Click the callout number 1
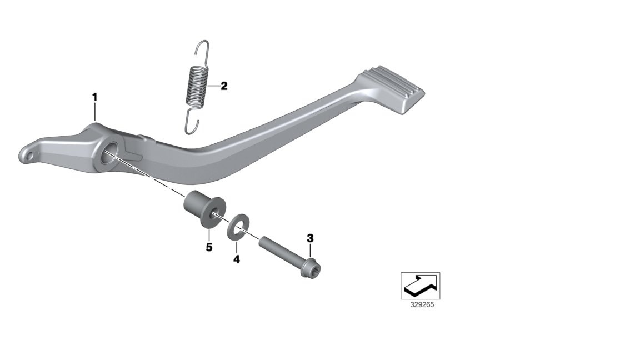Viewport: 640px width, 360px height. (94, 98)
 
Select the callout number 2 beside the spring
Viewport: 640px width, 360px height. (224, 86)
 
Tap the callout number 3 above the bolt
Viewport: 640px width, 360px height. (310, 238)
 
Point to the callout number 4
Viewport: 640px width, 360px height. (236, 259)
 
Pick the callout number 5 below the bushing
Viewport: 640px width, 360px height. (209, 247)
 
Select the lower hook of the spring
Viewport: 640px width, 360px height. (191, 119)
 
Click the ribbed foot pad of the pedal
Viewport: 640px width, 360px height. (393, 88)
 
